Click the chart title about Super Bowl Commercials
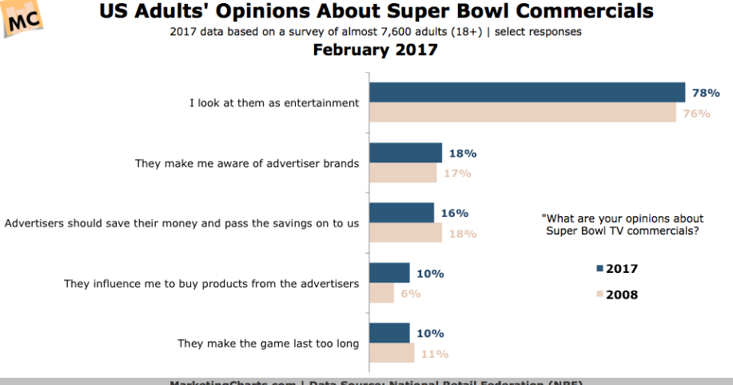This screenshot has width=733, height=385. click(x=376, y=12)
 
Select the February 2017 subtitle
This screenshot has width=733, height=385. click(x=375, y=50)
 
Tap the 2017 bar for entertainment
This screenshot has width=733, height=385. click(x=527, y=93)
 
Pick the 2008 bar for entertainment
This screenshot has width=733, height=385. click(x=523, y=113)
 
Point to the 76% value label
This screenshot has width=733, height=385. click(x=696, y=114)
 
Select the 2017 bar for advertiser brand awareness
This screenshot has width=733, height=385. click(x=405, y=153)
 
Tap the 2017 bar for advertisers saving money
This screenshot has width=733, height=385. click(x=401, y=213)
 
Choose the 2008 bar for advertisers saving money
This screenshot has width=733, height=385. click(x=405, y=233)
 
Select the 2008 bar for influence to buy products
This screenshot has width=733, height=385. click(x=381, y=294)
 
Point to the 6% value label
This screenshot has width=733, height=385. click(x=409, y=294)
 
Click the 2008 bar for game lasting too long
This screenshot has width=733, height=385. click(x=392, y=354)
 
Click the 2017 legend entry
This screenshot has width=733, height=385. click(x=616, y=269)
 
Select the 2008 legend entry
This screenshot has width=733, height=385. click(x=616, y=295)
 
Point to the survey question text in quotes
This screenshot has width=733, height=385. click(x=624, y=224)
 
